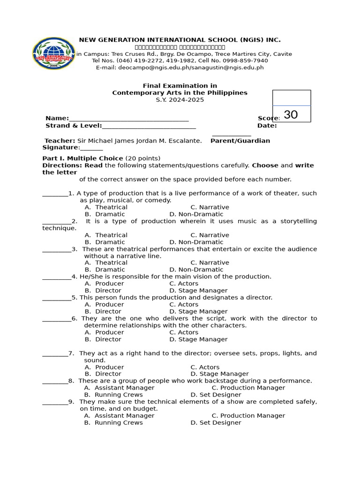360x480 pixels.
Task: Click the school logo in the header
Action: [x=53, y=53]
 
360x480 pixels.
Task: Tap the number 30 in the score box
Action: [x=291, y=115]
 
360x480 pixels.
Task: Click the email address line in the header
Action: [x=180, y=67]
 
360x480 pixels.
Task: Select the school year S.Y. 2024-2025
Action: [x=180, y=100]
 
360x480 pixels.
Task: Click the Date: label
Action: [x=267, y=126]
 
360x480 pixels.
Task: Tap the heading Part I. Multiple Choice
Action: [x=82, y=158]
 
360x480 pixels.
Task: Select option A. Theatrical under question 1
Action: [x=106, y=207]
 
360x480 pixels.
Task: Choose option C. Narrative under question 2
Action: [x=210, y=235]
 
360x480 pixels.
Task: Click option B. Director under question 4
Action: [x=103, y=291]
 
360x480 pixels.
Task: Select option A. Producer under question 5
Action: [x=104, y=304]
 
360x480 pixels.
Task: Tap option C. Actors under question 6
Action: [x=184, y=332]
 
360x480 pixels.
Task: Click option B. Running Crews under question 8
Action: [x=113, y=395]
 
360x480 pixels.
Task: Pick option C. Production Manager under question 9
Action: [x=248, y=416]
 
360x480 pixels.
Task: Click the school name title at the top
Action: [x=180, y=40]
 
